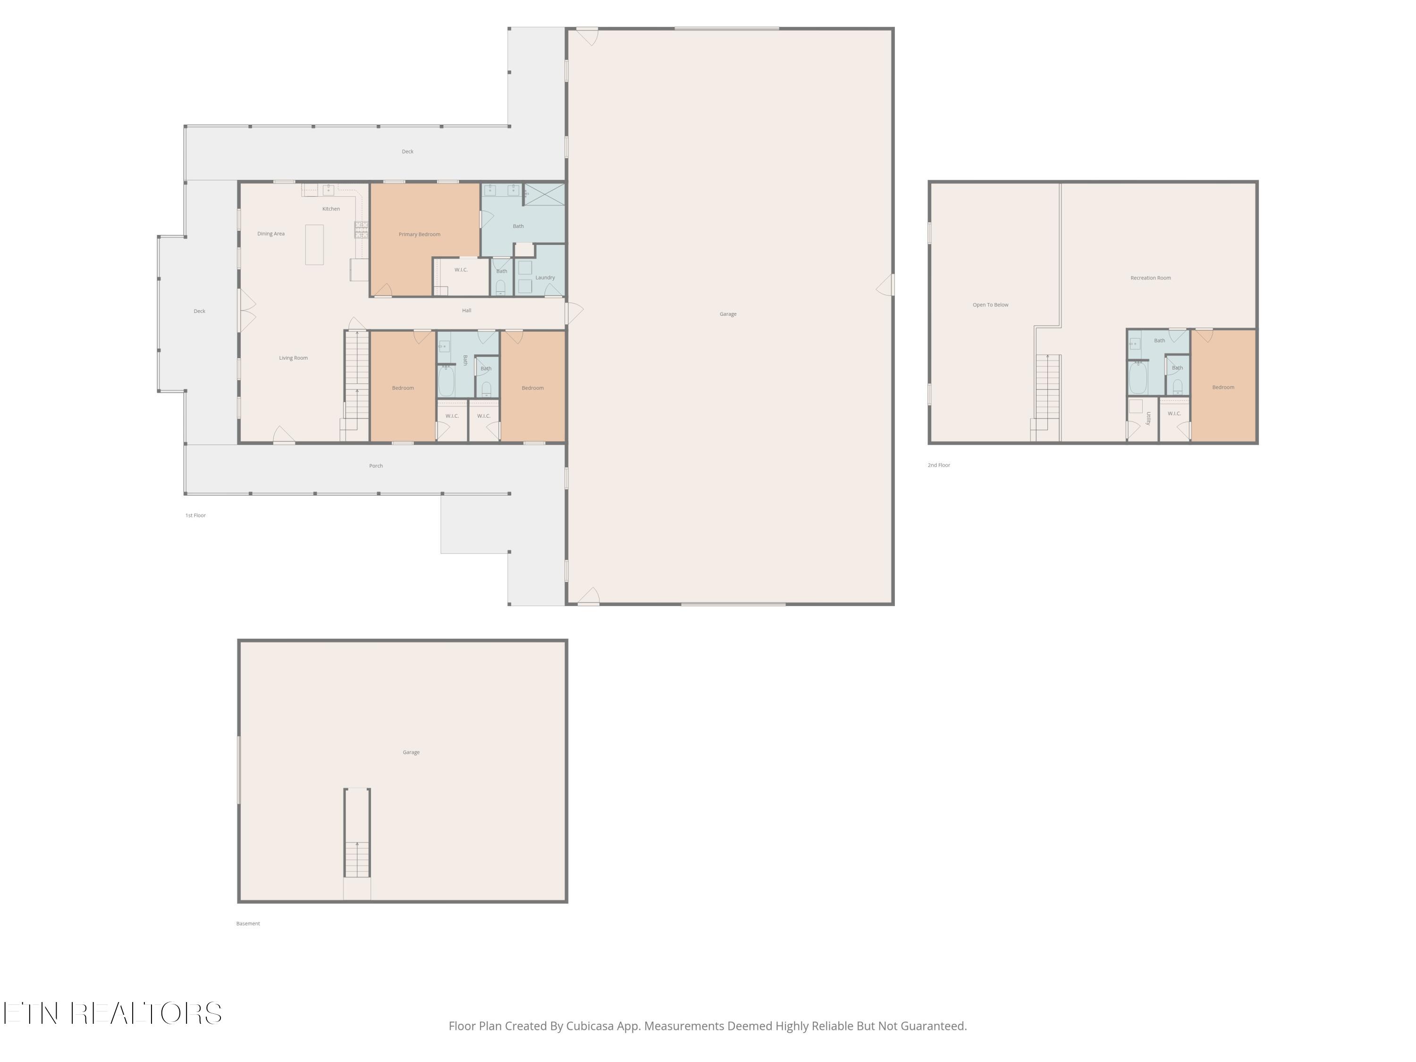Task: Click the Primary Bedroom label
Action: coord(419,234)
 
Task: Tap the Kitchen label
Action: coord(331,209)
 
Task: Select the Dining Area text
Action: coord(271,234)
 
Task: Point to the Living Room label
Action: coord(293,358)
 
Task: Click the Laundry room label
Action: coord(545,277)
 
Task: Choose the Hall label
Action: coord(467,311)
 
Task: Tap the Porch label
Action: coord(376,466)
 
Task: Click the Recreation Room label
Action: coord(1150,278)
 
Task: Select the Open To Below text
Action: coord(990,305)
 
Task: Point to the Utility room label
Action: coord(1148,418)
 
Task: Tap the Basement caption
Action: coord(248,924)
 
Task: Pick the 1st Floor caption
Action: coord(195,515)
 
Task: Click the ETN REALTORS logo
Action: coord(113,1013)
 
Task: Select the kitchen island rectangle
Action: coord(314,244)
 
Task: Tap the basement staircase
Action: coord(357,833)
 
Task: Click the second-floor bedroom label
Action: coord(1222,388)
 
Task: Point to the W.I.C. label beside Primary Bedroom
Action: coord(461,270)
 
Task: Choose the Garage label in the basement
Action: coord(411,752)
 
